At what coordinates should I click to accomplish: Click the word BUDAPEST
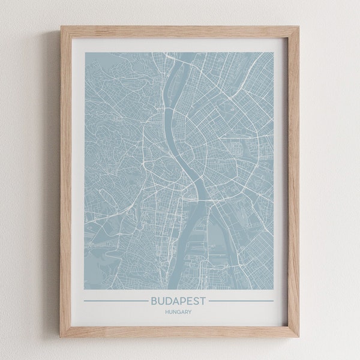point(179,300)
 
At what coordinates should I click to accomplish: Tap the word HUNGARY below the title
point(179,311)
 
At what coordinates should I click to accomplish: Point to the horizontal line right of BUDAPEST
point(242,301)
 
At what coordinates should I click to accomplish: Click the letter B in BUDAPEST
point(156,300)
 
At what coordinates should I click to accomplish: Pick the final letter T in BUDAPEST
point(203,300)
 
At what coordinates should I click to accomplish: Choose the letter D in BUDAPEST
point(169,300)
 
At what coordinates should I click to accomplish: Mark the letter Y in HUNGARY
point(191,311)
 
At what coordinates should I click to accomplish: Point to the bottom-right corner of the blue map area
point(274,286)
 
